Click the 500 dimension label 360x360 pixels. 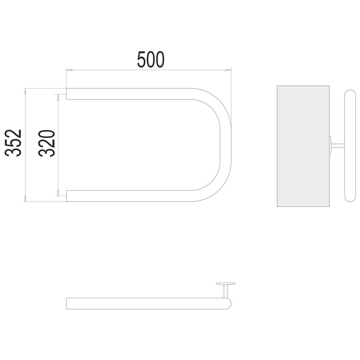pyautogui.click(x=151, y=59)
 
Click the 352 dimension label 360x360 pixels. pyautogui.click(x=13, y=143)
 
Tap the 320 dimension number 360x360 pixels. pyautogui.click(x=47, y=143)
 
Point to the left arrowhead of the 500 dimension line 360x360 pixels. pyautogui.click(x=69, y=70)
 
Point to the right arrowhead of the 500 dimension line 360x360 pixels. pyautogui.click(x=228, y=70)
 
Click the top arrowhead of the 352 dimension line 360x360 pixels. pyautogui.click(x=25, y=91)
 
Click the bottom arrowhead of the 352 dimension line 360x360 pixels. pyautogui.click(x=25, y=199)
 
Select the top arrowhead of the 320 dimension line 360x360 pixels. pyautogui.click(x=58, y=97)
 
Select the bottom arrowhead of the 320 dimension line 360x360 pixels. pyautogui.click(x=58, y=193)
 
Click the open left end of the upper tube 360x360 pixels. pyautogui.click(x=67, y=94)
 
